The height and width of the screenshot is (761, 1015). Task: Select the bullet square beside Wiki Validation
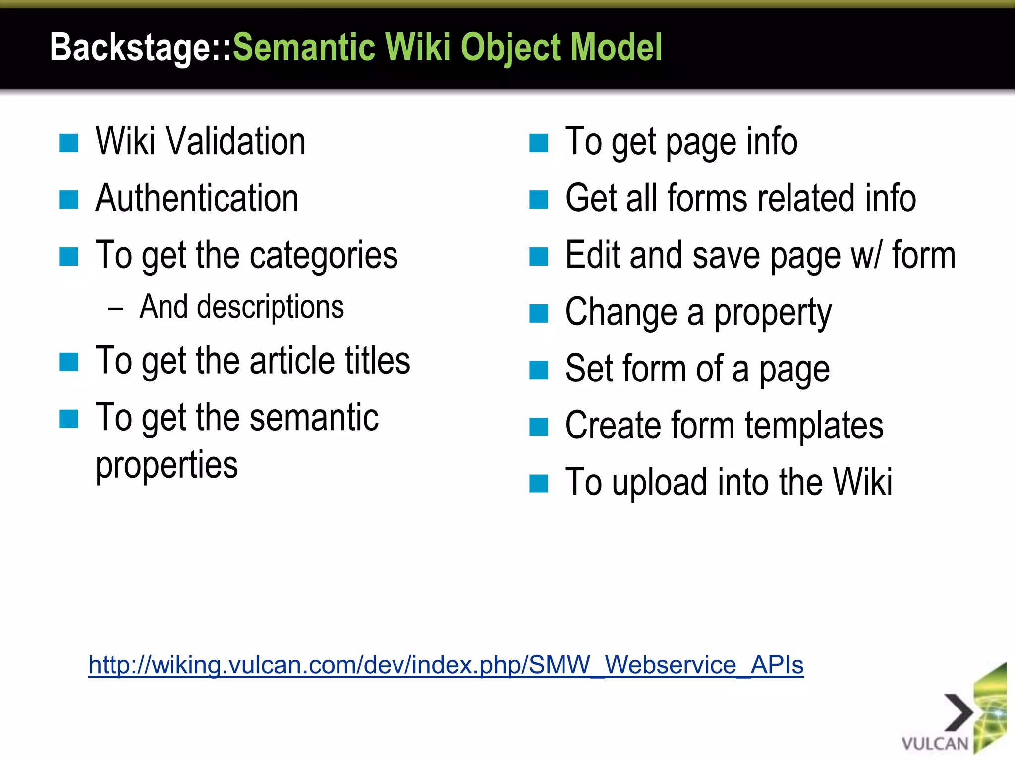(x=69, y=143)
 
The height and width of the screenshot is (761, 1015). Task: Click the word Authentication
(x=197, y=198)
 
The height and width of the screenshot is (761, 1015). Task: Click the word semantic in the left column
(x=314, y=418)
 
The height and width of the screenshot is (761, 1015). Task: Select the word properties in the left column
(x=167, y=466)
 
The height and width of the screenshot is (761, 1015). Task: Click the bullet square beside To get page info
(x=539, y=143)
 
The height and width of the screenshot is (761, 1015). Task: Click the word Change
(x=621, y=313)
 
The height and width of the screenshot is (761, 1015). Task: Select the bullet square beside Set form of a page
(x=539, y=370)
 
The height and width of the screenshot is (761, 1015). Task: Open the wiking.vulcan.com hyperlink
(x=446, y=665)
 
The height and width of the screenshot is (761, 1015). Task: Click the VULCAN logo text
(x=935, y=744)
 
